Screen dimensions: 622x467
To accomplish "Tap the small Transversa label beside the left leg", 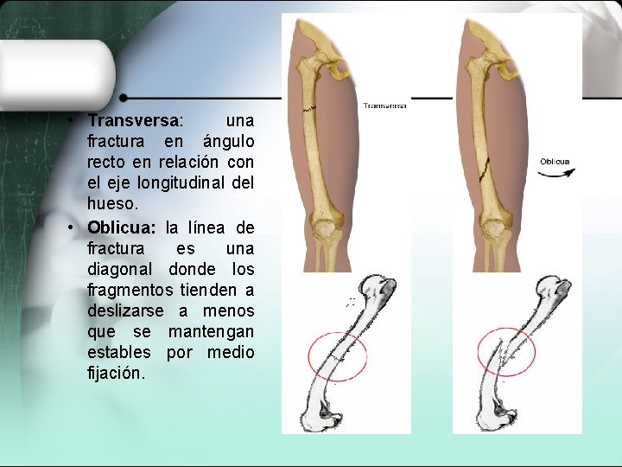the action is pos(384,106).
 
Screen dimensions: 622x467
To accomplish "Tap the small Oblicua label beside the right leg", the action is pos(555,162).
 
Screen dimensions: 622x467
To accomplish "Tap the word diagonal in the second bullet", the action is pos(118,269).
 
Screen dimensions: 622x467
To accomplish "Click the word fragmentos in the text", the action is pos(125,290).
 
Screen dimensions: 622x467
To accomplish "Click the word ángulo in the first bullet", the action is pos(228,141).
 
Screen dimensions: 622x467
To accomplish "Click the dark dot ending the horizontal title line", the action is pos(124,98).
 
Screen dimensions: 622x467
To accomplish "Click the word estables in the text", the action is pos(118,352).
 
